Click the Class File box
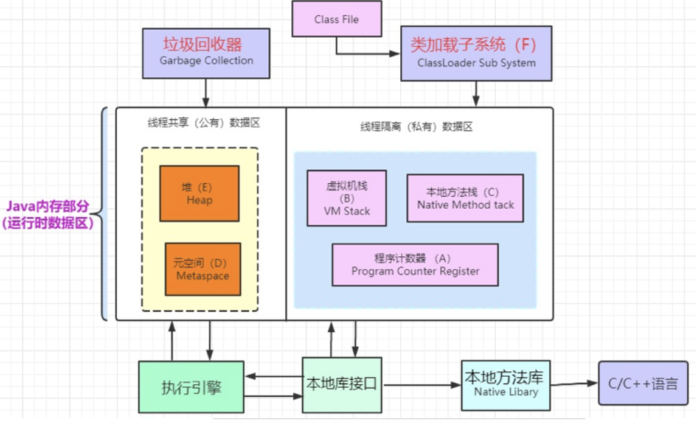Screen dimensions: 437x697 click(336, 19)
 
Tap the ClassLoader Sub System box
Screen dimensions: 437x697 click(476, 53)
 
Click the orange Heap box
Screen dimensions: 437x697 click(199, 193)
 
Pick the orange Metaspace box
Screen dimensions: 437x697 click(203, 269)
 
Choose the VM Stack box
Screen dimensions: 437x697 click(347, 198)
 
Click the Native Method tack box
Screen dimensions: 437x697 click(465, 198)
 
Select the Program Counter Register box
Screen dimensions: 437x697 click(415, 265)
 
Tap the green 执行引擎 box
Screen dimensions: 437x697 click(191, 387)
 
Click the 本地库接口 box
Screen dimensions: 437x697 click(342, 385)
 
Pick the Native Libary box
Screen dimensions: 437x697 click(505, 385)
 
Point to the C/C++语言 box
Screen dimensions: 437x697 click(647, 383)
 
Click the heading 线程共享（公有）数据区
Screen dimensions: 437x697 click(203, 123)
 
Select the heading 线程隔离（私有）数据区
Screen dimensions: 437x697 click(416, 127)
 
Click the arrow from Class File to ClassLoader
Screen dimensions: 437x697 click(365, 53)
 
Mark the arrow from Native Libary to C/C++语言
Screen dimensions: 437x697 click(575, 383)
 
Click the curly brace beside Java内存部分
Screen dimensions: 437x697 click(102, 214)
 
